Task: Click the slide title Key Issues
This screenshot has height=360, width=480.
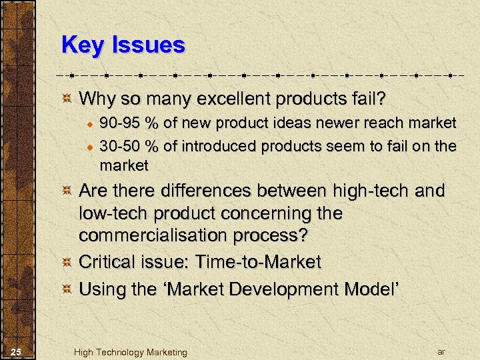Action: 123,45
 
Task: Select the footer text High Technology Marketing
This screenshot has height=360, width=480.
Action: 131,352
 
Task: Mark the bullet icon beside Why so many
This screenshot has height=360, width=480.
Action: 67,100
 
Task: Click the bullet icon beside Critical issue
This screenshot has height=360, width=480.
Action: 67,262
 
